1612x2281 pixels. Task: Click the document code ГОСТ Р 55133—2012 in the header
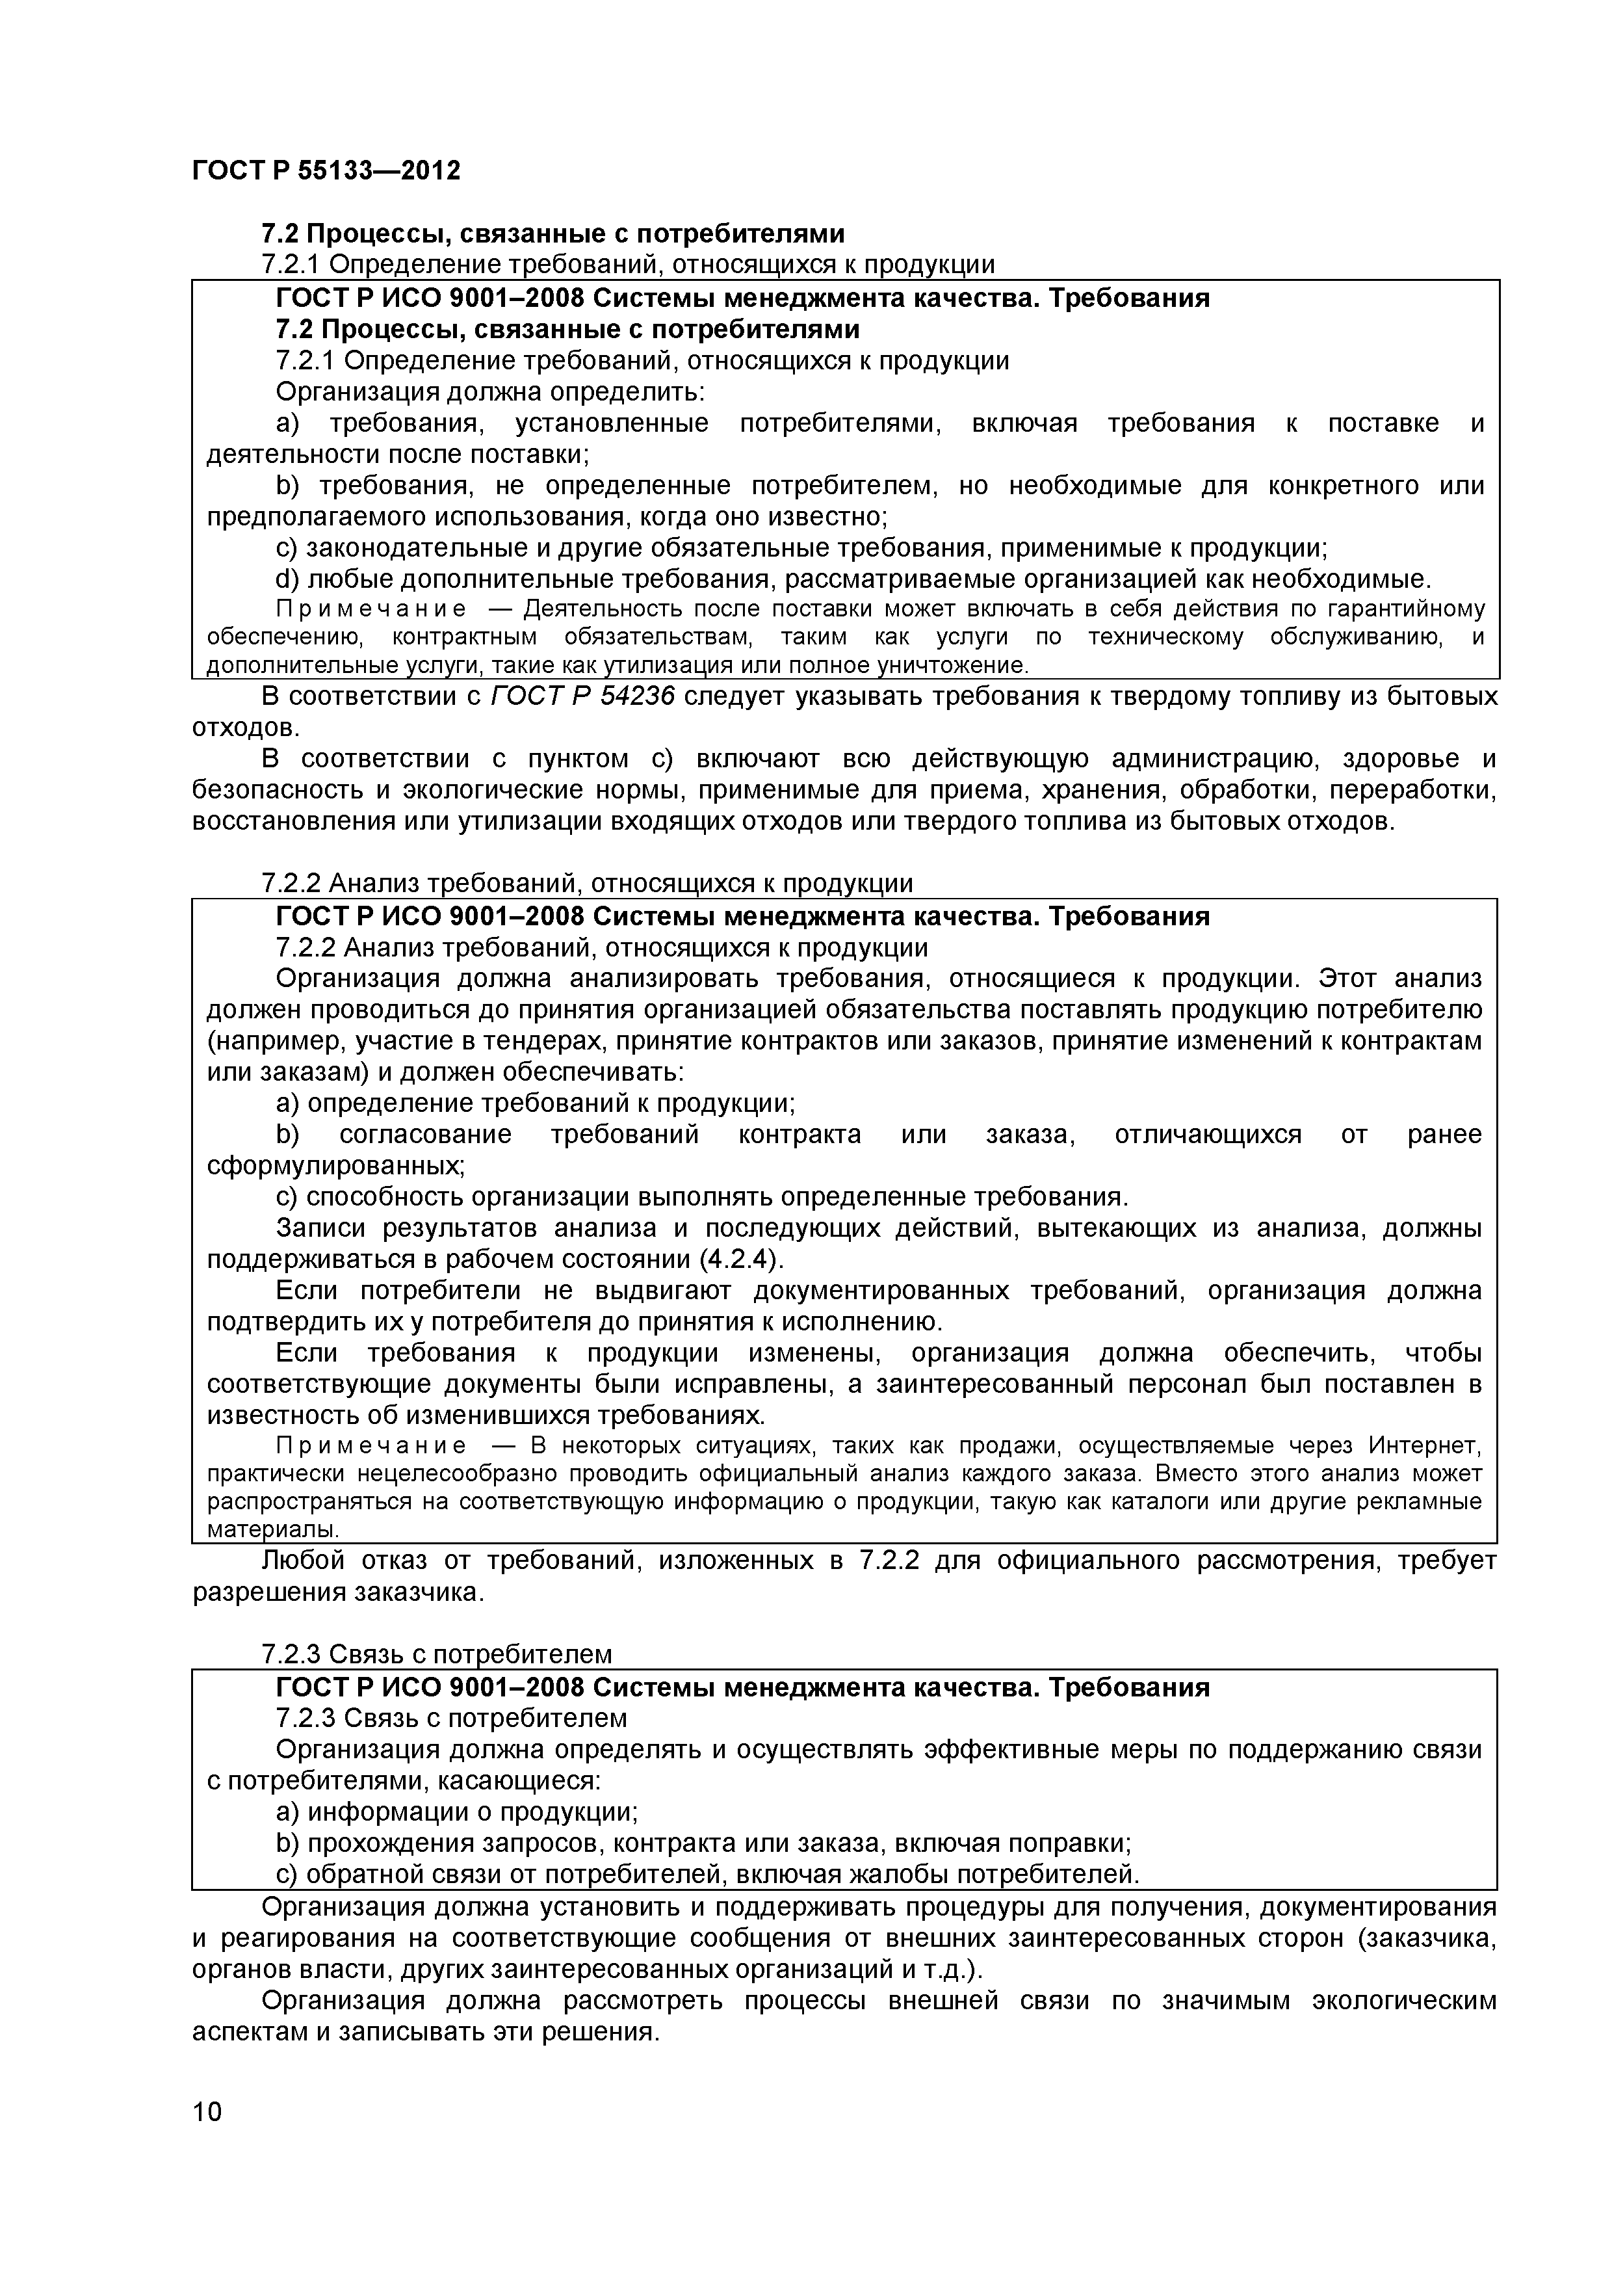[x=326, y=171]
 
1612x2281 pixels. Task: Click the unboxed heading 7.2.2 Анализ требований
[x=586, y=883]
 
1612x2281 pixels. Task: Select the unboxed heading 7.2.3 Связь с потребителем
[x=436, y=1654]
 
